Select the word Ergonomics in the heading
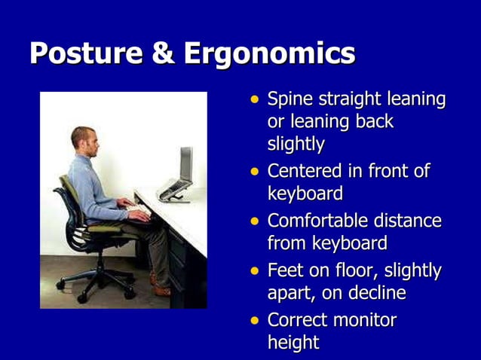coord(269,54)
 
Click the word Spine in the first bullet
coord(290,100)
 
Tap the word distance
coord(412,221)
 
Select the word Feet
coord(286,270)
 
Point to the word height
coord(293,343)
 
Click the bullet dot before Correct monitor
coord(255,320)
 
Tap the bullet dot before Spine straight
coord(255,100)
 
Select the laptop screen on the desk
coord(185,166)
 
